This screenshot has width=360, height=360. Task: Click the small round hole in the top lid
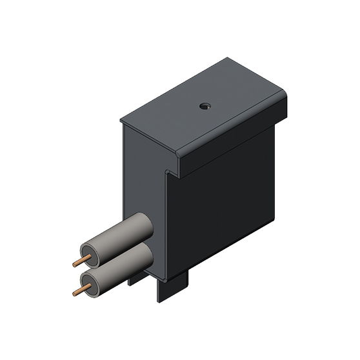tap(205, 105)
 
